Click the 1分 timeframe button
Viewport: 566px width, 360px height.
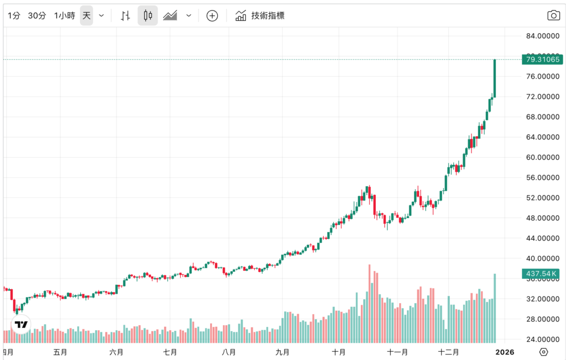(x=14, y=15)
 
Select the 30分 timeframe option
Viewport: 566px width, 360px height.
(x=37, y=15)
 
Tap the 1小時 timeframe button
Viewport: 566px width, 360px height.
(x=64, y=15)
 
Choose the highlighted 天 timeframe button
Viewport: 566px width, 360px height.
(x=87, y=15)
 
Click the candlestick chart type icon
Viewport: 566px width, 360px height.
(x=148, y=15)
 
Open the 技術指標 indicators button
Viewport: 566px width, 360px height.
(x=260, y=15)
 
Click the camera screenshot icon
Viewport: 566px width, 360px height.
(x=553, y=15)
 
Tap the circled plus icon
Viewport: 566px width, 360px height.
(x=212, y=15)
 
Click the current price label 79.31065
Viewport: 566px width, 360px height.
(x=542, y=59)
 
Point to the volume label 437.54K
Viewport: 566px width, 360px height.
(x=542, y=274)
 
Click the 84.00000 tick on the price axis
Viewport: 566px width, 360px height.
(x=541, y=36)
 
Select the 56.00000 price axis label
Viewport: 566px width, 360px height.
(x=541, y=178)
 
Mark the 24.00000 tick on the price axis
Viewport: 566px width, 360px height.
(x=541, y=339)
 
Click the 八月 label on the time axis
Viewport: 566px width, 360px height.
(x=228, y=352)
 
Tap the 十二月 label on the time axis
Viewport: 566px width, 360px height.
(x=449, y=352)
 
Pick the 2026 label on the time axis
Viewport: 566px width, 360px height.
(x=505, y=352)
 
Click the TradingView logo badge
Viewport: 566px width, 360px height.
(x=21, y=325)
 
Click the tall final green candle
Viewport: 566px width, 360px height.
(x=495, y=78)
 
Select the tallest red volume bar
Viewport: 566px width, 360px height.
(x=369, y=303)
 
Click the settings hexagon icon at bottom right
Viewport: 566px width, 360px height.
(x=543, y=352)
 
